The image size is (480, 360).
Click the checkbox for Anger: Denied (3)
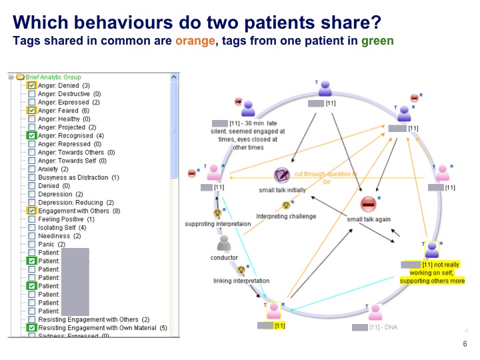click(x=31, y=86)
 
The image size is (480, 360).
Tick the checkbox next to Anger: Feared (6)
click(x=31, y=111)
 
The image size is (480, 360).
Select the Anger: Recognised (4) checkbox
click(x=31, y=135)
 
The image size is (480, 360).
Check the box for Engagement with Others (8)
click(x=31, y=211)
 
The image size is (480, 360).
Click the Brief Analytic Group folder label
click(x=53, y=77)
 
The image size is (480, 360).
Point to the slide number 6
click(x=465, y=344)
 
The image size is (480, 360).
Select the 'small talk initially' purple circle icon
click(x=282, y=176)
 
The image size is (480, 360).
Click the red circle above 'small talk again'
click(x=368, y=204)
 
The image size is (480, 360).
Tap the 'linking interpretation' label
click(x=241, y=281)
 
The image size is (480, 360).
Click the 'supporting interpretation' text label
click(x=217, y=224)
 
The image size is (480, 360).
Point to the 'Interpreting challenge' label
click(x=286, y=216)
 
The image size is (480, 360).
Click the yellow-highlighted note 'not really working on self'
click(x=432, y=273)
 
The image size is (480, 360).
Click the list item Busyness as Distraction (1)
click(x=78, y=177)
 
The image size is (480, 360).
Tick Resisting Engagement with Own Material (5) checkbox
click(x=31, y=328)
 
